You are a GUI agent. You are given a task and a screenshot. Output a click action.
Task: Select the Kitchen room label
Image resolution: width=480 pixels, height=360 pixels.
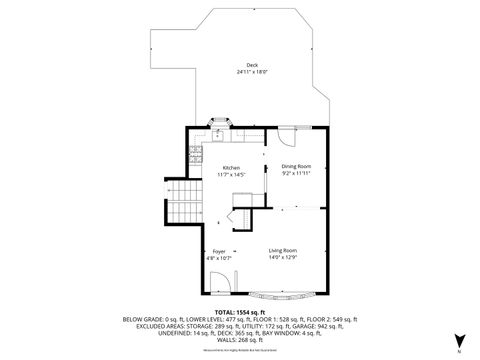tap(231, 167)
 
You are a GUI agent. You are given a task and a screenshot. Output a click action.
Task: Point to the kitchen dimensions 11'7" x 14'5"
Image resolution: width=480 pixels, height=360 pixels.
tap(231, 174)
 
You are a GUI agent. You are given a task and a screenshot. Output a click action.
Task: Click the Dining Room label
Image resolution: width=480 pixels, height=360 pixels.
tap(296, 166)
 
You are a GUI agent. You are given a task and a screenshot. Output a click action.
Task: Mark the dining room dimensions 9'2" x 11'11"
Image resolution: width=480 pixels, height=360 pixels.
tap(296, 173)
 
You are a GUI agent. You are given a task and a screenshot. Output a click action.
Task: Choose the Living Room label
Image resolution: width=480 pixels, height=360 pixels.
tap(283, 250)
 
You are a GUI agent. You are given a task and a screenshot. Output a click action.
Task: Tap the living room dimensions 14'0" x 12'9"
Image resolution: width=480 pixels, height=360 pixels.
tap(283, 257)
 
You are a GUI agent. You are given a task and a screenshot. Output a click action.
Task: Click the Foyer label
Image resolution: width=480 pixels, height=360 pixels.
tap(219, 250)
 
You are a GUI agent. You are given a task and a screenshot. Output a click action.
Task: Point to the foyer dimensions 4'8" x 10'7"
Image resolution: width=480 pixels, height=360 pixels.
tap(219, 257)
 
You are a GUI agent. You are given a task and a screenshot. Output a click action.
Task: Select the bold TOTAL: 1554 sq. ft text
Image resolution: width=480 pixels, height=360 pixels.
tap(239, 312)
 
